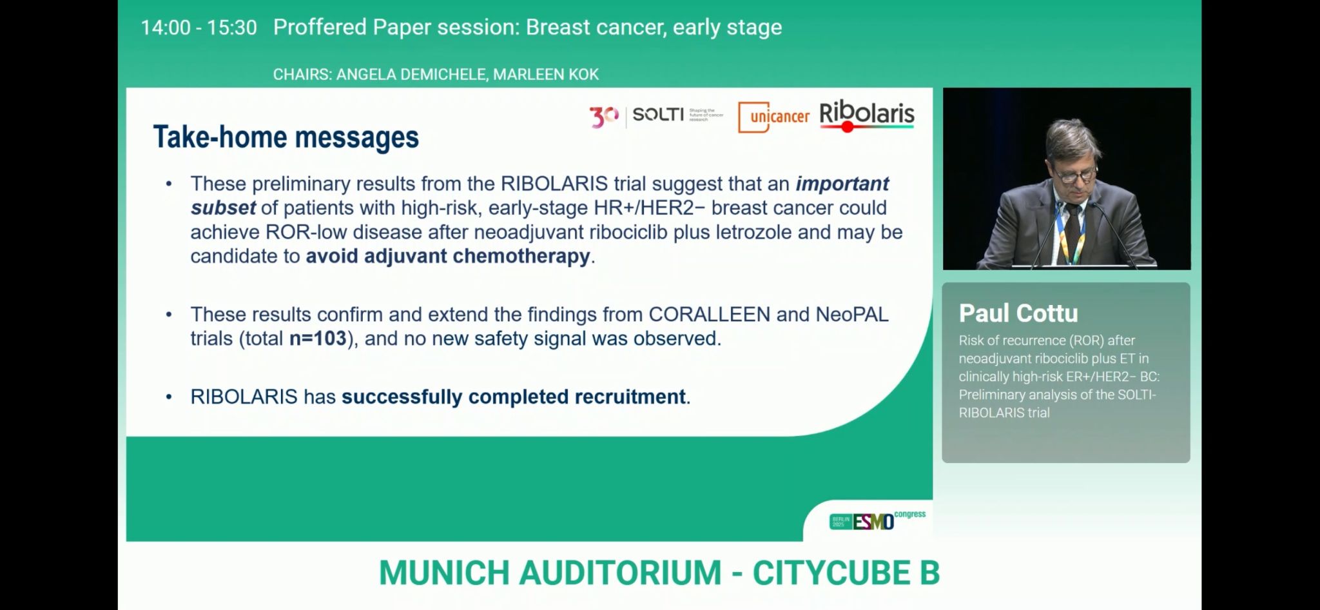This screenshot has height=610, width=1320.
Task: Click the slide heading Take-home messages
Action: point(286,137)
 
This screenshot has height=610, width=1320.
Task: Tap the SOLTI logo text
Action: point(658,115)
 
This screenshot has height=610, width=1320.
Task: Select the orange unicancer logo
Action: point(773,117)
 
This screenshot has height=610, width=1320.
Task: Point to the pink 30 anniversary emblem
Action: point(604,117)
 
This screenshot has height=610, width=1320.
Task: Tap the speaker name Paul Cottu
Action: point(1018,313)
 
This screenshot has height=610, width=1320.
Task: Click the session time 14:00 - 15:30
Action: point(199,28)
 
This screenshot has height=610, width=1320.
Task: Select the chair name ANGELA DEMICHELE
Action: point(411,75)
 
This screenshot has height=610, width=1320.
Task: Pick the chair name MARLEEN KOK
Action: point(546,75)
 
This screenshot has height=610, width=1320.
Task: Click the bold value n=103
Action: point(318,339)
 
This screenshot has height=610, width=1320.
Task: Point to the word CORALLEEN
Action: point(709,315)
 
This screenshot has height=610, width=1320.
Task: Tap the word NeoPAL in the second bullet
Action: point(852,315)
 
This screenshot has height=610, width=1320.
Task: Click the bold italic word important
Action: point(842,184)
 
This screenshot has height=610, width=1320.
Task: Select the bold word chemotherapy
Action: point(521,257)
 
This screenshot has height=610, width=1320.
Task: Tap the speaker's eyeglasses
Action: point(1075,173)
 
